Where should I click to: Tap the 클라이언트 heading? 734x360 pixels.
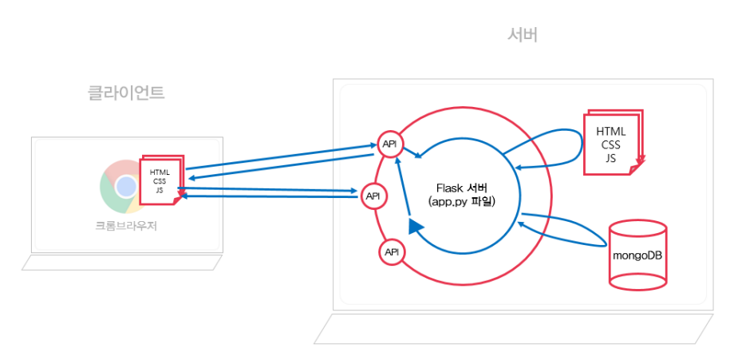click(x=126, y=93)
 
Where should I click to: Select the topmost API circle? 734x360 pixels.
click(x=390, y=144)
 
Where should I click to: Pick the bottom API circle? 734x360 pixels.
click(x=392, y=252)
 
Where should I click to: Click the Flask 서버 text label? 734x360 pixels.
click(x=463, y=188)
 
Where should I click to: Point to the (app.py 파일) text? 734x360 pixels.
click(x=462, y=202)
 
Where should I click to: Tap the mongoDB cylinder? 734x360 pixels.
click(x=637, y=253)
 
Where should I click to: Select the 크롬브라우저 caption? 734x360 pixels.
click(x=126, y=226)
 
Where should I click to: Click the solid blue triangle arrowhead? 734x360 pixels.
click(x=415, y=227)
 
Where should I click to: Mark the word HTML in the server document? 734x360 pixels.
click(x=611, y=131)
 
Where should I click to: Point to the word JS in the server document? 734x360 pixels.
click(x=611, y=158)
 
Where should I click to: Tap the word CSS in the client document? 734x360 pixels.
click(x=160, y=181)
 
